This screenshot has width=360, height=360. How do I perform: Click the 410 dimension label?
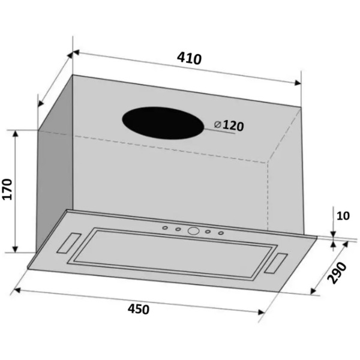(190, 58)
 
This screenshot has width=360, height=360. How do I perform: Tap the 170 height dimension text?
(7, 189)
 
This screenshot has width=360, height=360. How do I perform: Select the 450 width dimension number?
(139, 309)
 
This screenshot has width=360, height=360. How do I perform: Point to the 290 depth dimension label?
(337, 273)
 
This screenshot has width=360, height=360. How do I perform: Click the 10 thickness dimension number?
(343, 216)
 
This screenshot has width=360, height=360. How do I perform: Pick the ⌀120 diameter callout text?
(229, 125)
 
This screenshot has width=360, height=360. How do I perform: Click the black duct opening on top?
(163, 123)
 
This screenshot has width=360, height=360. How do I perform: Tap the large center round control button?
(193, 231)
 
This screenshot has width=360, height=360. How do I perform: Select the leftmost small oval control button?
(165, 228)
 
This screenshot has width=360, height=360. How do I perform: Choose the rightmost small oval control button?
(221, 233)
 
